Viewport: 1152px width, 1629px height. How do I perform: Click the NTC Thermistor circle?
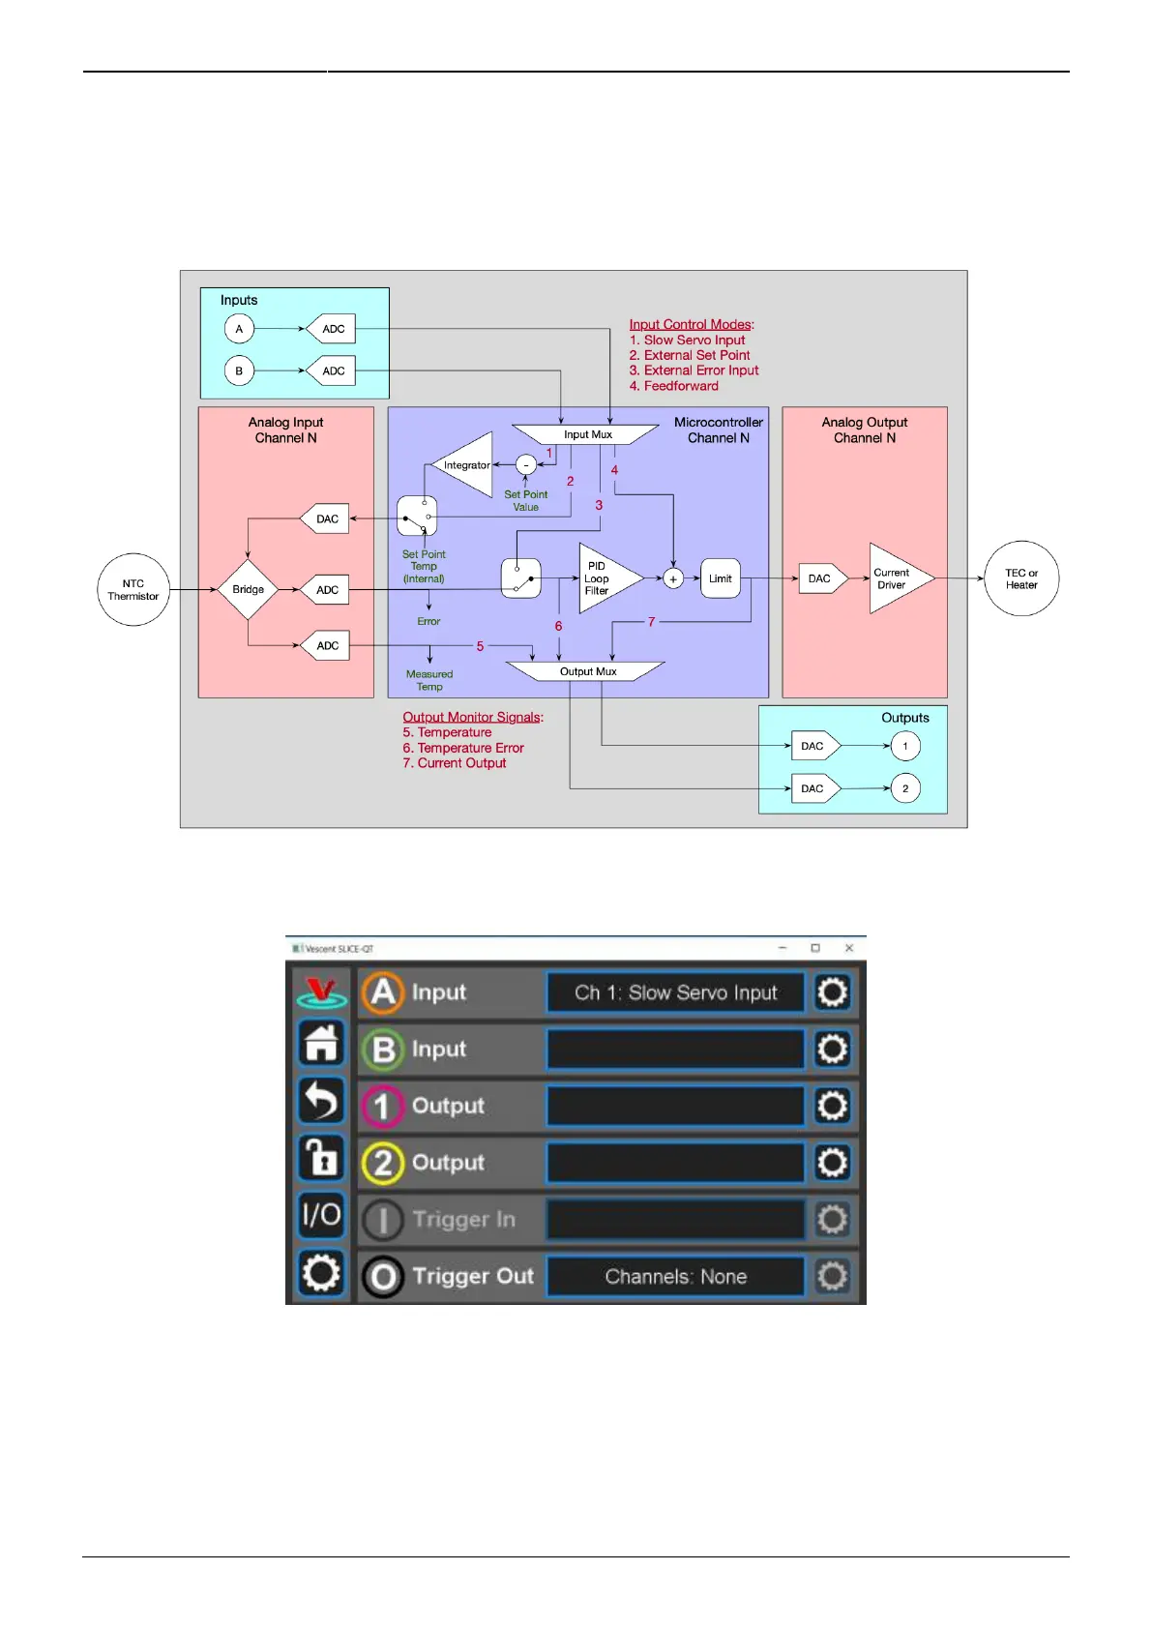point(133,590)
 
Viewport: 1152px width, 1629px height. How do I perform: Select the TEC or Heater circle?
point(1021,578)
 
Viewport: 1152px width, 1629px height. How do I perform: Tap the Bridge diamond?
point(248,590)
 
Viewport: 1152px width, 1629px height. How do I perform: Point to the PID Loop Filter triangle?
point(605,578)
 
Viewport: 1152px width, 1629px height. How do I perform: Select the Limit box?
point(721,578)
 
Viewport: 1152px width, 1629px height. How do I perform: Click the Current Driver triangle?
point(897,578)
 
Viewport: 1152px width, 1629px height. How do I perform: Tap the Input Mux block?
point(586,434)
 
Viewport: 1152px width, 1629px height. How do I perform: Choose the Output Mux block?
point(586,671)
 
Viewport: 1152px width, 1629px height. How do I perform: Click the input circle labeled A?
point(239,329)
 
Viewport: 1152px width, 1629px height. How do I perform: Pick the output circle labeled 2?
point(905,788)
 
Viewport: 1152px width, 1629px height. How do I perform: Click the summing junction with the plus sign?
point(673,578)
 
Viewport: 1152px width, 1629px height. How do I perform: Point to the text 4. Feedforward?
point(674,386)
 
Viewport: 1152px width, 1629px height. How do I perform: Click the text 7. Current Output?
point(455,763)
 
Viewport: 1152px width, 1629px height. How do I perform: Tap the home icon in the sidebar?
point(321,1043)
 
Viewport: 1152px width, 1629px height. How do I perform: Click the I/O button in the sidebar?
point(321,1214)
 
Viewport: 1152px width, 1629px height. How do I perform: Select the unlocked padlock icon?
point(321,1157)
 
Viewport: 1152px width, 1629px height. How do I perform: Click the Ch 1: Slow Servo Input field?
point(675,992)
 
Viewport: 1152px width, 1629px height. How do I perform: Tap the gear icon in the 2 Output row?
point(832,1163)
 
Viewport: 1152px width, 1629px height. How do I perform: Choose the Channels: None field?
point(675,1277)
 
